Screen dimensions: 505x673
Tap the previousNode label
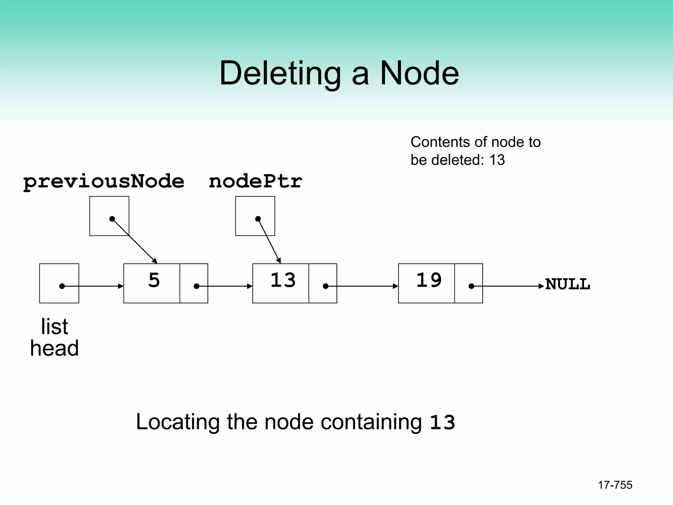pos(104,181)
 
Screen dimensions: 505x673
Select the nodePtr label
pos(255,181)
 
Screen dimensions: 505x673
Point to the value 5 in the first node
pos(154,280)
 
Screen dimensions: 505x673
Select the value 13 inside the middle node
pos(283,280)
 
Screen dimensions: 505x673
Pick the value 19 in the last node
pos(429,280)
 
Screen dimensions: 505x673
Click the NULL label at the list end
pos(568,284)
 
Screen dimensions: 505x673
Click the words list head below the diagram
pos(55,337)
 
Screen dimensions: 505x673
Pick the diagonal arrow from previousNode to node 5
pos(135,241)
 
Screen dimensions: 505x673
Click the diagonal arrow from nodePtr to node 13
pos(269,241)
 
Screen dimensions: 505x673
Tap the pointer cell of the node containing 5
pos(194,283)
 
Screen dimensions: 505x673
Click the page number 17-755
pos(615,485)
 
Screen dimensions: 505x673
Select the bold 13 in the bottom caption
pos(442,422)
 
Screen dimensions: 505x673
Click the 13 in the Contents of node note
pos(497,160)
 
